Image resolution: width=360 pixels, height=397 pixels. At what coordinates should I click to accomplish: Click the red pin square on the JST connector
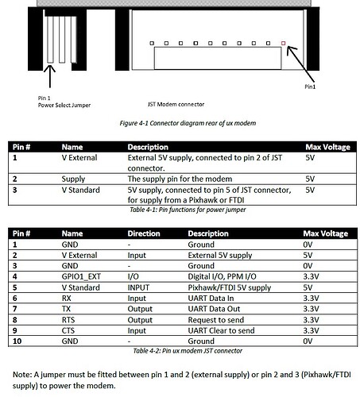click(283, 43)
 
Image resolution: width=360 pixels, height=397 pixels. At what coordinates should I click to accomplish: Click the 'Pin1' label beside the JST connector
click(310, 87)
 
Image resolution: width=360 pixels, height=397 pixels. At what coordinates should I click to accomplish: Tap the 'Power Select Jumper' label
click(64, 106)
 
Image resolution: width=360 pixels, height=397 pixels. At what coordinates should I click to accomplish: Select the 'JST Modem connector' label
click(176, 105)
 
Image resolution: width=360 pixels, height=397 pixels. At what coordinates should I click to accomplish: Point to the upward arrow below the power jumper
click(49, 76)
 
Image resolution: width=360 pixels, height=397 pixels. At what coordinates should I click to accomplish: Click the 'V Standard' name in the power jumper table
click(80, 190)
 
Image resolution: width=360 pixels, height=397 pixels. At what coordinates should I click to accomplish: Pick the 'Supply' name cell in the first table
click(73, 179)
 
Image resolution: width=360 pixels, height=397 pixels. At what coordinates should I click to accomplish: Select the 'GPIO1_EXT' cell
click(81, 277)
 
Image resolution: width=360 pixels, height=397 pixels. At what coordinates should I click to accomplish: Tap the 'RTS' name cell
click(68, 320)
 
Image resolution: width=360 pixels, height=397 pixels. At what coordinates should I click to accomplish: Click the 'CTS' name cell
click(68, 330)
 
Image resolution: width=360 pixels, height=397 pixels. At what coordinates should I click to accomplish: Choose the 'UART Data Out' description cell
click(214, 309)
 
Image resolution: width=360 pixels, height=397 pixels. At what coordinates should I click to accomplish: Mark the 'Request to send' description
click(216, 320)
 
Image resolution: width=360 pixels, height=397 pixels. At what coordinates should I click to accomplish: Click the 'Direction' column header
click(144, 233)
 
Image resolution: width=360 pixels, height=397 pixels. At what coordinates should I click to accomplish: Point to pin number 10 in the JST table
click(17, 341)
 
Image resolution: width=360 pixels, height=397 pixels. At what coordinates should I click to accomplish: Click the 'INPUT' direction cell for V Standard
click(138, 287)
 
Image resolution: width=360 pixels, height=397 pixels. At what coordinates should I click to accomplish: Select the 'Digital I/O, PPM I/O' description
click(222, 277)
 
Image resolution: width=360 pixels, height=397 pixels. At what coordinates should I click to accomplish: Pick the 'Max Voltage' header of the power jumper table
click(327, 147)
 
